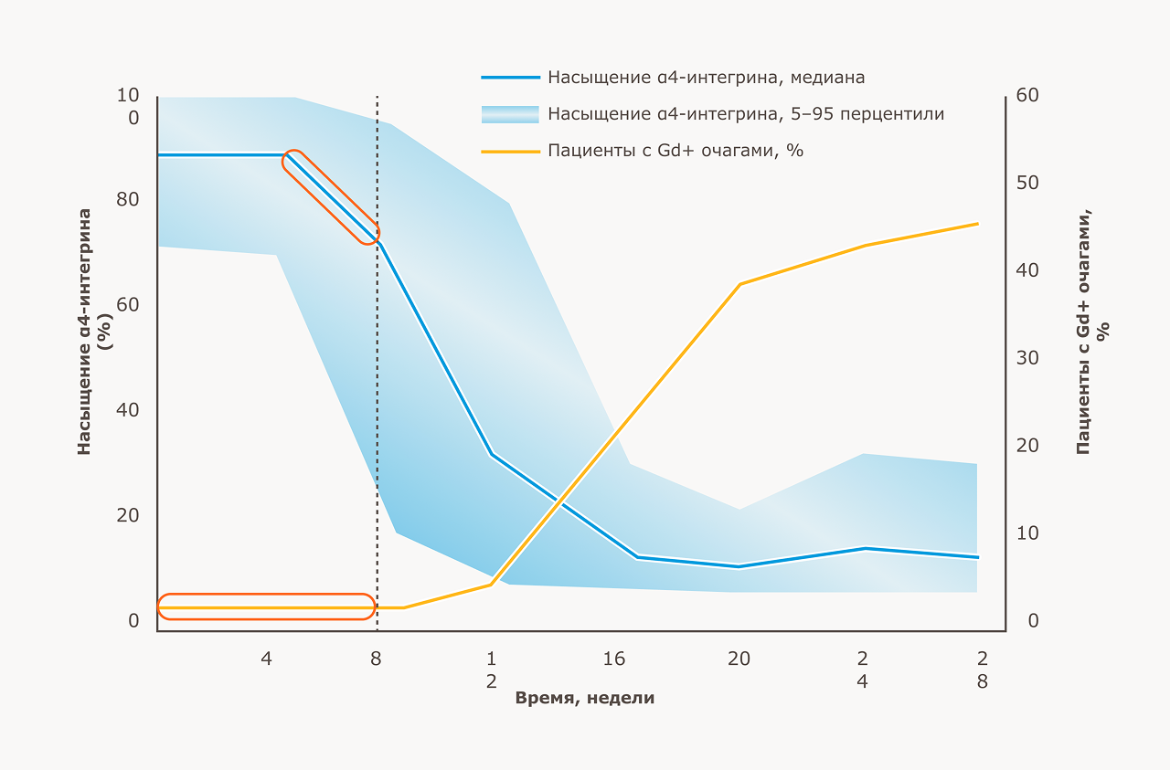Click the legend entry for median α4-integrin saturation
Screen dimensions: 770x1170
click(x=706, y=78)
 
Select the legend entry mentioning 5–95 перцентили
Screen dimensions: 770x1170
click(x=746, y=114)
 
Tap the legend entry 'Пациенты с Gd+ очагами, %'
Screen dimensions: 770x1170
click(x=675, y=151)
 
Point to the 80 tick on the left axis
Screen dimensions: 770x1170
click(x=127, y=199)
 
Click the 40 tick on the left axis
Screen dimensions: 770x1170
click(x=127, y=410)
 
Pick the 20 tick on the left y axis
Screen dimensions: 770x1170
click(x=127, y=515)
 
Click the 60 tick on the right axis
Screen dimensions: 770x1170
click(x=1027, y=96)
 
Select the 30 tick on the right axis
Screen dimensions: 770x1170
click(x=1027, y=358)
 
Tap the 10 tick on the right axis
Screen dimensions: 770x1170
click(x=1027, y=533)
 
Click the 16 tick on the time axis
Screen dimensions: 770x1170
click(x=613, y=659)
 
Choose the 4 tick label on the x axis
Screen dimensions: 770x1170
click(x=266, y=659)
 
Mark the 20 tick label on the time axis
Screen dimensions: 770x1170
click(x=739, y=659)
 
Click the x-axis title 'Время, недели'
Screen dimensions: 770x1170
click(x=585, y=698)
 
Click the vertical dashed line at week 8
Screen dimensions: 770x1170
click(x=378, y=365)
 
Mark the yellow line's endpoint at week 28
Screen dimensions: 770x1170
click(x=978, y=224)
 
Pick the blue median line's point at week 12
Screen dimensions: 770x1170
click(x=492, y=454)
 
